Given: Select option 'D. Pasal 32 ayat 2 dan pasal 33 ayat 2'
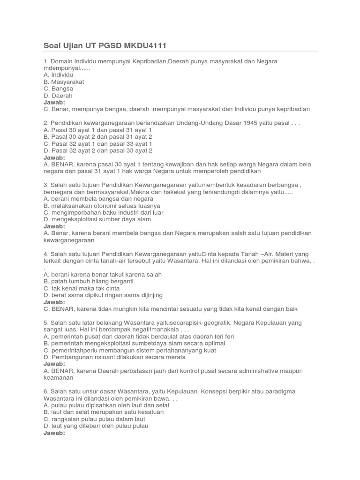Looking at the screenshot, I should point(98,150).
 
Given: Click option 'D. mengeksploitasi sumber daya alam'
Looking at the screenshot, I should point(97,219).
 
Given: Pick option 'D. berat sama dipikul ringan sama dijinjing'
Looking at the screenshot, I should point(103,295).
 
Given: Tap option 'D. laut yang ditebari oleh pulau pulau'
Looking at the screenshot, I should point(96,426).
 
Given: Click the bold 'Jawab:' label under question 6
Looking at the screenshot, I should point(54,433).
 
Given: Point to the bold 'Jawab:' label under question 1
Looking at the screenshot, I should point(54,102).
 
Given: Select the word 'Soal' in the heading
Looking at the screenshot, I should point(52,45).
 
